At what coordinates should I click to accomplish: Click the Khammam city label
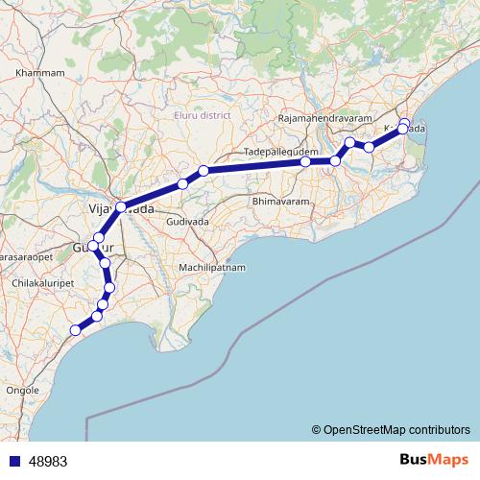[40, 72]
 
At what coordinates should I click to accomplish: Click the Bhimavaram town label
[278, 202]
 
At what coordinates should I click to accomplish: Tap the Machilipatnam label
[213, 266]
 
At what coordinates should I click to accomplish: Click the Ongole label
[23, 391]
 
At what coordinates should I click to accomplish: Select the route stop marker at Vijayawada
[121, 207]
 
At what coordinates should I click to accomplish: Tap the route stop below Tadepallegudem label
[305, 162]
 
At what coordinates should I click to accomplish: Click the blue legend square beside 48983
[12, 460]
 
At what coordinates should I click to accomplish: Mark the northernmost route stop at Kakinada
[405, 122]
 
